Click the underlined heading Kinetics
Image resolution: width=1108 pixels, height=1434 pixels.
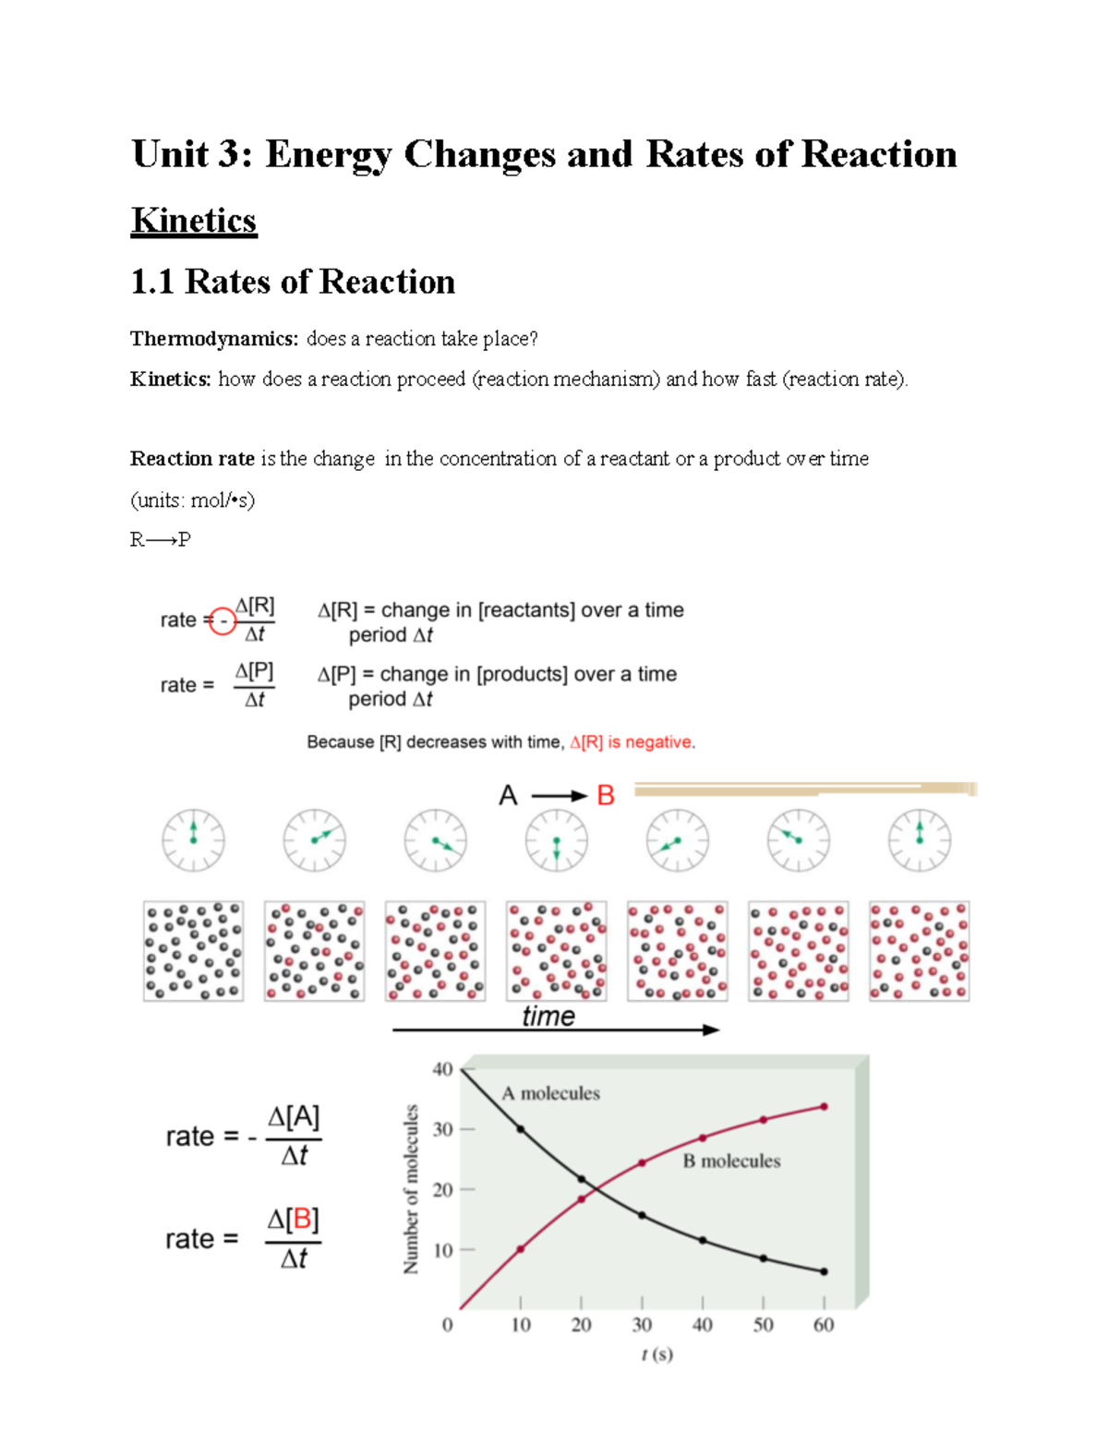pos(194,221)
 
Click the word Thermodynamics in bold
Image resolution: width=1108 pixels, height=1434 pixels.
pos(213,339)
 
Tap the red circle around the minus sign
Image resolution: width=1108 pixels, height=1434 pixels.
pos(223,621)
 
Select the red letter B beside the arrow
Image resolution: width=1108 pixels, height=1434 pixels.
pos(606,795)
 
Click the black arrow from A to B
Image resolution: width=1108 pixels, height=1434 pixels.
pos(559,796)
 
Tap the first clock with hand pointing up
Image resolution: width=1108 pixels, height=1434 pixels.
pos(193,840)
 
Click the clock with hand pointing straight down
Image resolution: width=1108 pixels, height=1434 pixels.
pos(556,840)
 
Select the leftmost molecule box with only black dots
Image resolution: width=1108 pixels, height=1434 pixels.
pos(193,951)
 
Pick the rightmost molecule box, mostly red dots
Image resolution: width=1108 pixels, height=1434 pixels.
pos(919,951)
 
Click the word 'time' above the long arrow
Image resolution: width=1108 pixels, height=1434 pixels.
pos(548,1016)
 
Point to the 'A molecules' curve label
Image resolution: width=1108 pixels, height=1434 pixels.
pos(550,1093)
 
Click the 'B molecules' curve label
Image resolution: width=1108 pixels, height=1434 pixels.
pos(731,1161)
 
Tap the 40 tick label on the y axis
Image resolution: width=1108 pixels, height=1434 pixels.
pos(443,1069)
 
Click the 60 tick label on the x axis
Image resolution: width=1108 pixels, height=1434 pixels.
pos(824,1325)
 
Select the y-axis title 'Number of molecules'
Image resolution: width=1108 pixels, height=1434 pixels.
pos(411,1189)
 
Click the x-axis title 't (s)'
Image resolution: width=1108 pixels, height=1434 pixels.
pos(656,1355)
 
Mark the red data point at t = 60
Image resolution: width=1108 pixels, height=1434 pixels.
pos(824,1106)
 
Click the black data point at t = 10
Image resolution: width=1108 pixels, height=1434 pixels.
pos(520,1129)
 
